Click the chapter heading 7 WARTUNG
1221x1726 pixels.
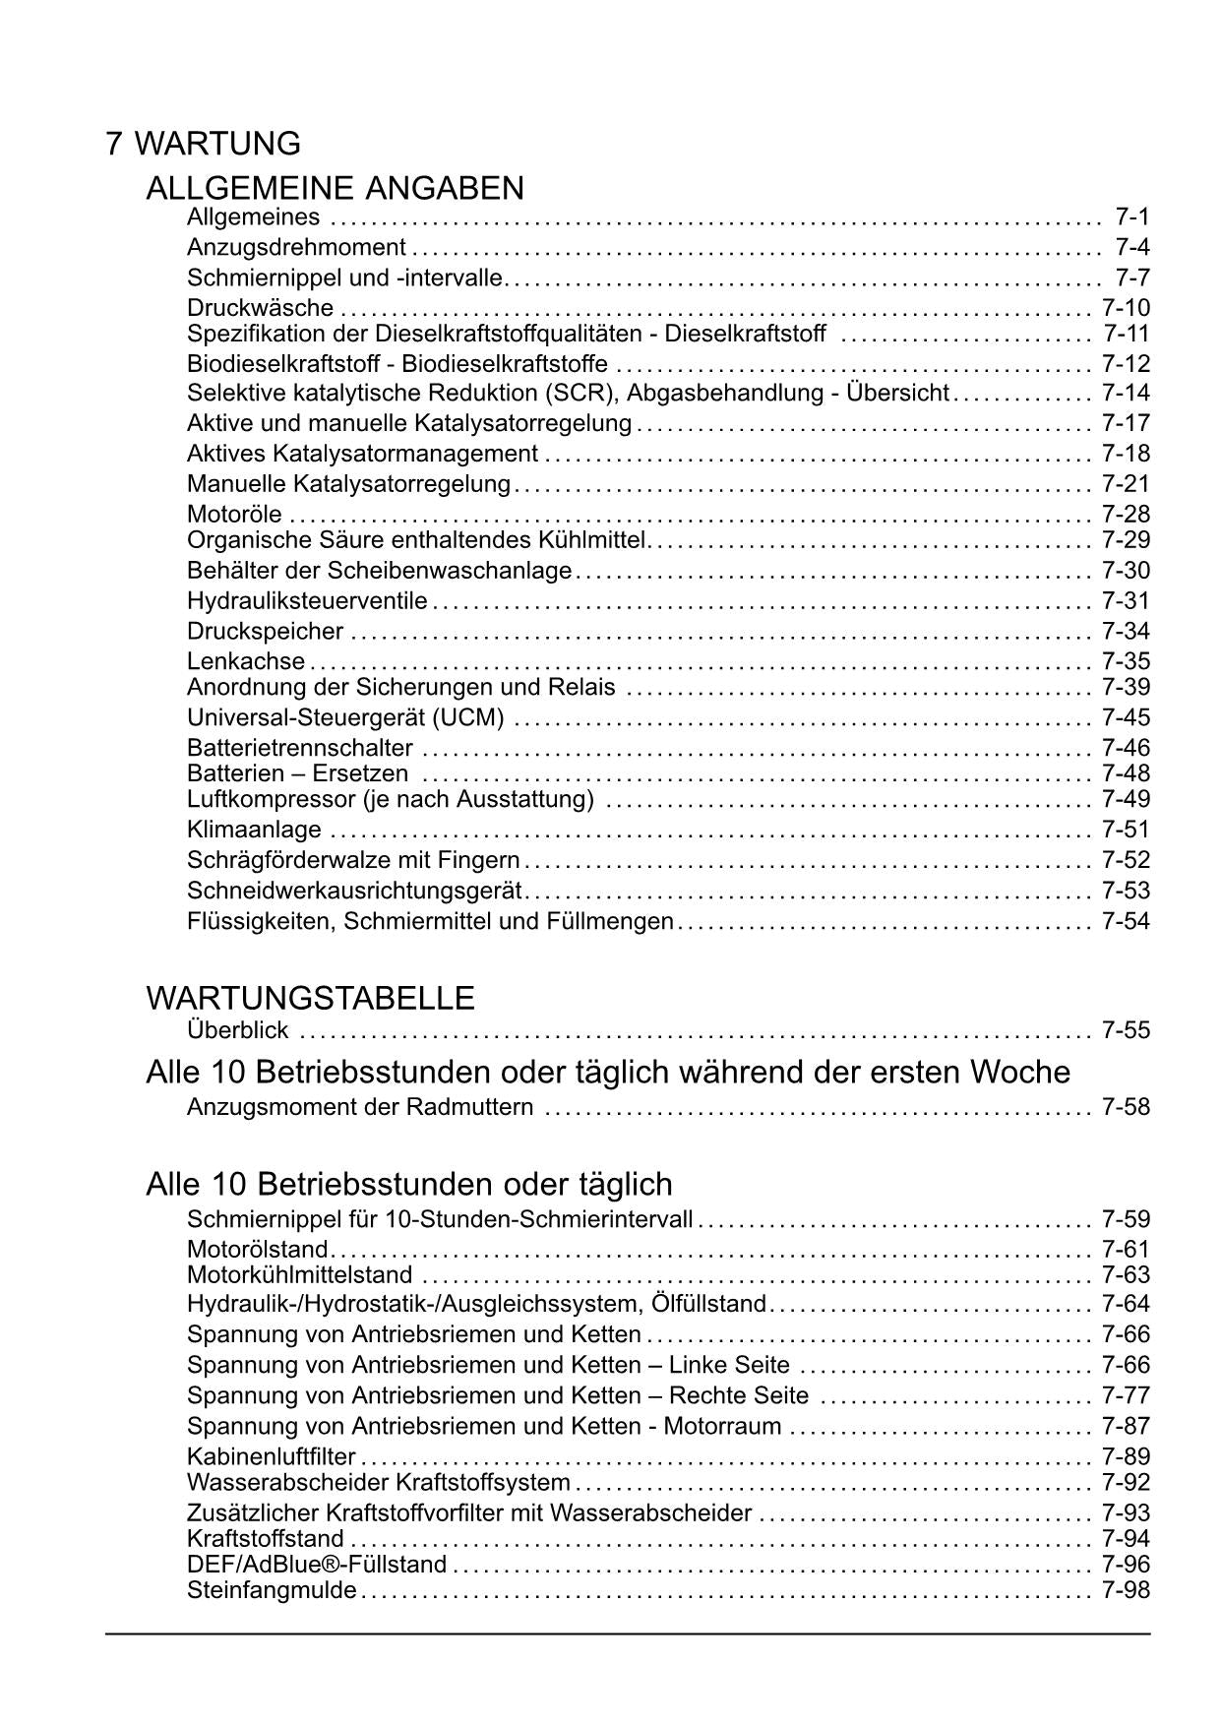(x=203, y=144)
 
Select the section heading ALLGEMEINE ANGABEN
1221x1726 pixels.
(x=335, y=188)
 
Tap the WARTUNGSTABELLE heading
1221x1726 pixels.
(x=310, y=998)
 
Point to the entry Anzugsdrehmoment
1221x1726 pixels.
(x=296, y=247)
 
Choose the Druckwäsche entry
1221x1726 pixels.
(x=260, y=308)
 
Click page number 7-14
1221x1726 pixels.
(x=1126, y=393)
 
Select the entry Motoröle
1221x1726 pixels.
(x=234, y=514)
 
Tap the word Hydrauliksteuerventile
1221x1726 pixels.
(x=307, y=600)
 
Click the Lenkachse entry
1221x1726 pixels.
(x=246, y=661)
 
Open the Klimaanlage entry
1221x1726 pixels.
(x=254, y=830)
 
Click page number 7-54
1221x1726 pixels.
(x=1126, y=921)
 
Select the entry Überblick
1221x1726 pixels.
(x=237, y=1030)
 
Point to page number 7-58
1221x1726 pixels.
(x=1126, y=1107)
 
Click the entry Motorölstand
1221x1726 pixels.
(x=257, y=1250)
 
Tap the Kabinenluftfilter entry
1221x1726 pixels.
(x=271, y=1456)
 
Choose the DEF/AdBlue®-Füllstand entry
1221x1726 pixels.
(x=317, y=1565)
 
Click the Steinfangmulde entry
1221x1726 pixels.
(x=272, y=1590)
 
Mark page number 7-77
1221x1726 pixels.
(x=1126, y=1395)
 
